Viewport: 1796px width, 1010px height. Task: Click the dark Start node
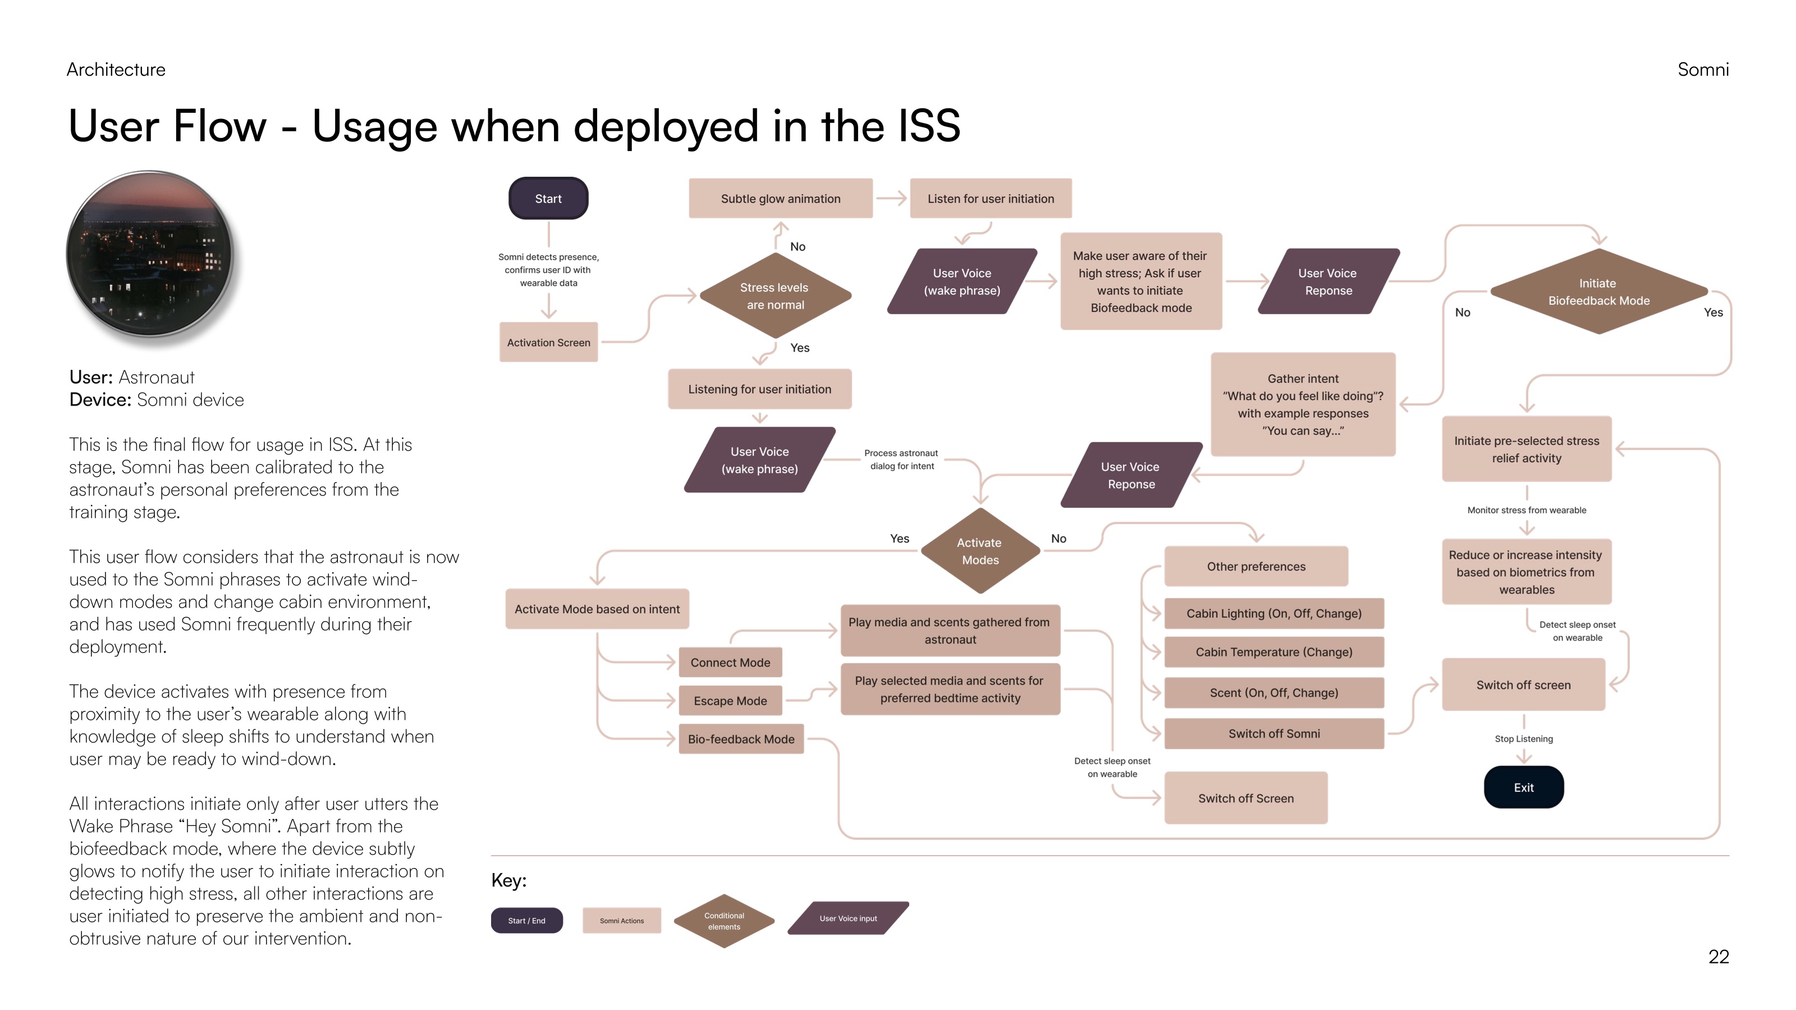(x=548, y=199)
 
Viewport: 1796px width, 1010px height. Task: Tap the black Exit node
(x=1523, y=787)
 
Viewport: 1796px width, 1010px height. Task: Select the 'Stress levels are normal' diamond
(x=775, y=296)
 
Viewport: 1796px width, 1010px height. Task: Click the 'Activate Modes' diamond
(x=981, y=550)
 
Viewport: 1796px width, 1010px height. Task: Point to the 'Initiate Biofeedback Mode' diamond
(x=1598, y=291)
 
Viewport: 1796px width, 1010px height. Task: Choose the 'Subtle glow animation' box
(x=780, y=199)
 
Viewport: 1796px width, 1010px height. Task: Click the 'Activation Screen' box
(x=549, y=342)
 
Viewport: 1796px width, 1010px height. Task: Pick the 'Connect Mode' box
(x=730, y=662)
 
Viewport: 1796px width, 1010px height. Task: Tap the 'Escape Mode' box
(x=730, y=700)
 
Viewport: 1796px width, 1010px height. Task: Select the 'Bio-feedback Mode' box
(x=741, y=739)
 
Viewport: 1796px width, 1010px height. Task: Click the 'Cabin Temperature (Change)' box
(x=1274, y=651)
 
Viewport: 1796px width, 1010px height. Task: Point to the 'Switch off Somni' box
(x=1274, y=733)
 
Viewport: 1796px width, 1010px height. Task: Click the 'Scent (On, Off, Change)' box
(x=1274, y=692)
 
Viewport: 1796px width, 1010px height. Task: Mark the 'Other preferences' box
(x=1256, y=566)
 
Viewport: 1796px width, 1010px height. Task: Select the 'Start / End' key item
(x=526, y=920)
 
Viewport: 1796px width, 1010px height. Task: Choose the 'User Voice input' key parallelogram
(x=848, y=918)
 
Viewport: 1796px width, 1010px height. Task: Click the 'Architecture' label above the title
(x=116, y=70)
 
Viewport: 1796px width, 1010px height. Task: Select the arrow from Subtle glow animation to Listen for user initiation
(x=891, y=199)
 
